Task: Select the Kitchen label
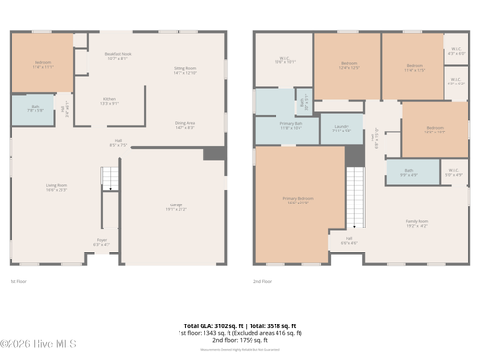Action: [109, 101]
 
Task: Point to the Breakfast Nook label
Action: [118, 57]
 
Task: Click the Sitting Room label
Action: [184, 70]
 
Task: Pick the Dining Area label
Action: [184, 125]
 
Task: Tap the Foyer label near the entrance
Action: [101, 242]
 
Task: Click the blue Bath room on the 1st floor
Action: [35, 110]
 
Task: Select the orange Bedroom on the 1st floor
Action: [42, 65]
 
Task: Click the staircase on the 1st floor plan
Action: [110, 178]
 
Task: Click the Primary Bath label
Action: [291, 125]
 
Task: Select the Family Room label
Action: [416, 223]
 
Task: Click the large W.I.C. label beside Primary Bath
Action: [284, 60]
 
